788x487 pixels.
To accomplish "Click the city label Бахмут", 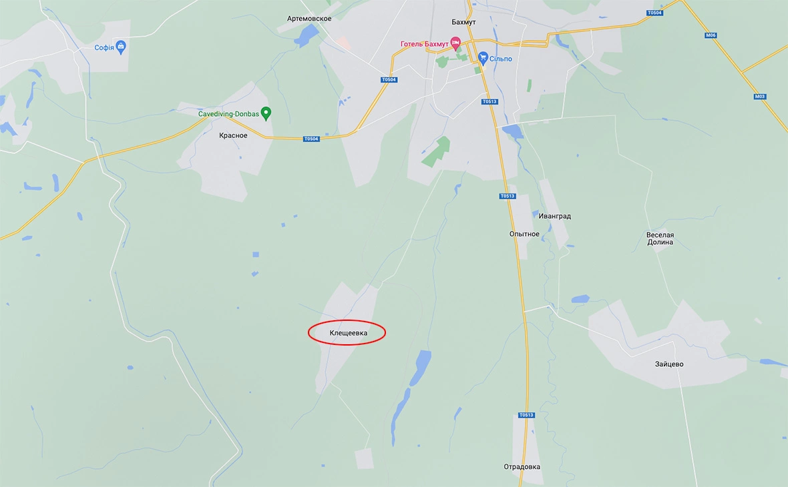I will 463,22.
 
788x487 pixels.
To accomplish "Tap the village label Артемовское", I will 309,19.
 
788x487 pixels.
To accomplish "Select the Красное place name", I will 233,135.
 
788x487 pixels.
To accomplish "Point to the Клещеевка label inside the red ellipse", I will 348,332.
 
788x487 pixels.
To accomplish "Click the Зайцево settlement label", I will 669,364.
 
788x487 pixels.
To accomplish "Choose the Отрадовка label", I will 522,467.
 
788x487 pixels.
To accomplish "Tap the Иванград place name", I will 555,216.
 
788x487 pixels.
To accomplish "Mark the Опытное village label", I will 524,234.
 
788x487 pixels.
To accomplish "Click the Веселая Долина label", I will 660,239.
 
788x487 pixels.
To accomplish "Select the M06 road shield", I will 710,35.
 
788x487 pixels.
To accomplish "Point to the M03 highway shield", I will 760,97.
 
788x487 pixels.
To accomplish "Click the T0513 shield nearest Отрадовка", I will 527,415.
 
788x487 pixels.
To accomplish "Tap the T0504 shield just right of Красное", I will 311,139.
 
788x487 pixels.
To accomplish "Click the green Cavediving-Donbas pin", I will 266,113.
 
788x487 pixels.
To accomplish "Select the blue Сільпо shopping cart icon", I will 483,59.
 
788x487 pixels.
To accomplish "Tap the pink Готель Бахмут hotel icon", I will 456,43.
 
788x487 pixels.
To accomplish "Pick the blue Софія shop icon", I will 121,47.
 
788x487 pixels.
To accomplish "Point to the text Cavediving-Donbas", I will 228,114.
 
